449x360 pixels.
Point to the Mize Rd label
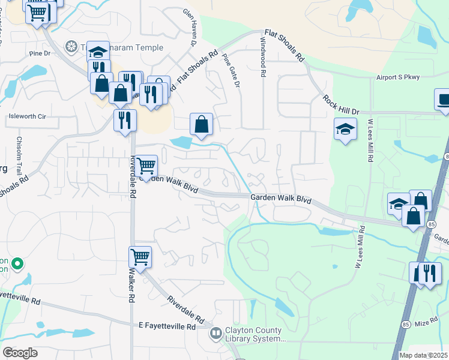426,323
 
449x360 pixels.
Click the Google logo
20,352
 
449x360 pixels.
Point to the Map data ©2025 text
423,355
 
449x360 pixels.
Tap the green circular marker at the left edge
17,263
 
